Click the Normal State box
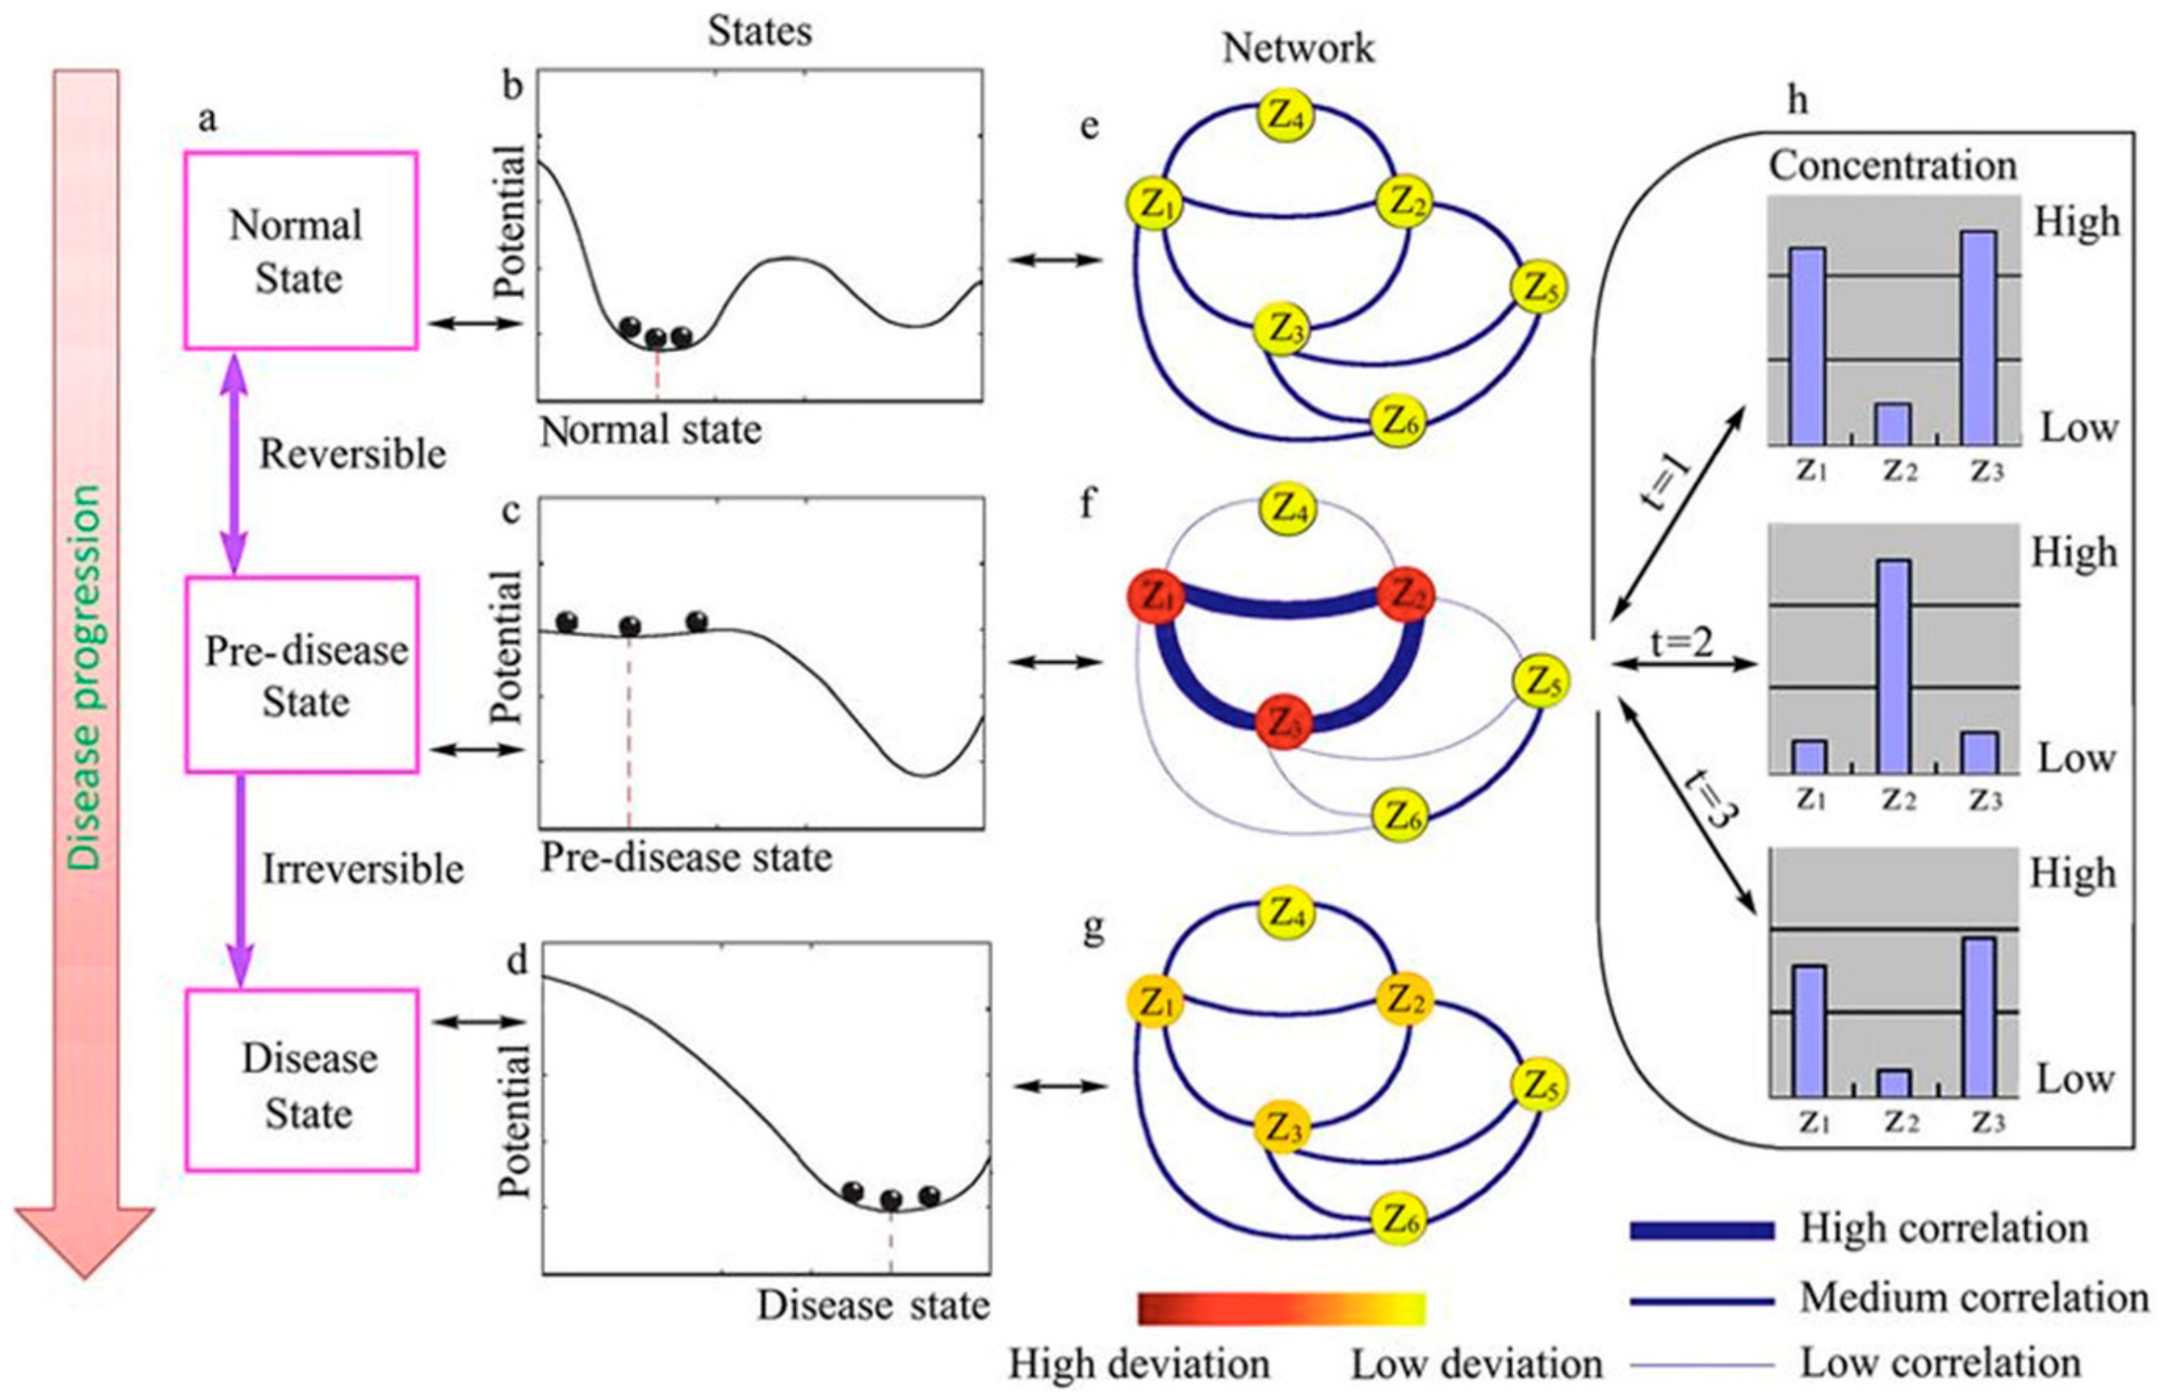point(301,250)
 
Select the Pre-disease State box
point(302,674)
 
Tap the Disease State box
point(302,1081)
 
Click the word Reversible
point(352,454)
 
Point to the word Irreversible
point(363,869)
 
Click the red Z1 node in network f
point(1153,598)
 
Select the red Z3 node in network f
point(1283,722)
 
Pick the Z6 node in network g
point(1399,1220)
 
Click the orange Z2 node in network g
point(1403,1001)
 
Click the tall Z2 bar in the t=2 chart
point(1893,666)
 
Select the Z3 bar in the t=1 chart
point(1978,337)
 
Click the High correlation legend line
point(1702,1230)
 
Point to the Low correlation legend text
point(1940,1364)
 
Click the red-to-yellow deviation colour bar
point(1281,1309)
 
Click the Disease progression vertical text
point(84,677)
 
